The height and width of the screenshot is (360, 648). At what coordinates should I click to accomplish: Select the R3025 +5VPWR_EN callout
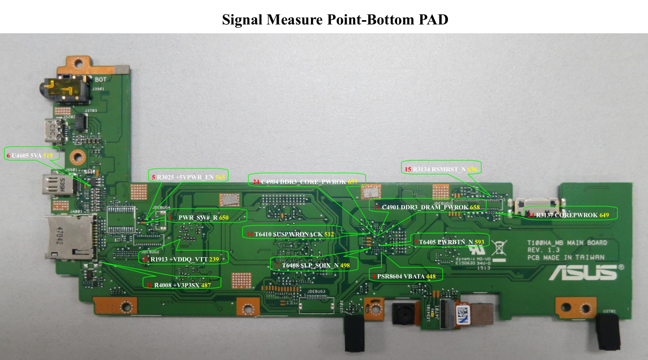pyautogui.click(x=189, y=176)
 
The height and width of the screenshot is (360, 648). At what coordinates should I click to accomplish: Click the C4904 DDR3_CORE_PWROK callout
pyautogui.click(x=306, y=181)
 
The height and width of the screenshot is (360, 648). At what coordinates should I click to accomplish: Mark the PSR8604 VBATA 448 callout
pyautogui.click(x=407, y=276)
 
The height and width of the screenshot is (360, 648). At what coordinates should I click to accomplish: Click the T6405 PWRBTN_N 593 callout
pyautogui.click(x=450, y=242)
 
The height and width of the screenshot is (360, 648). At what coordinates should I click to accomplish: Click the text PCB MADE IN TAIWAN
pyautogui.click(x=566, y=257)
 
